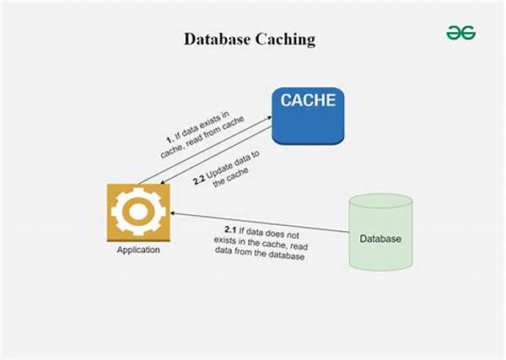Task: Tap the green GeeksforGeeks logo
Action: pos(460,33)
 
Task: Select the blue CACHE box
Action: pos(308,116)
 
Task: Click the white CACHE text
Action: pos(308,101)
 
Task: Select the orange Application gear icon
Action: pos(137,212)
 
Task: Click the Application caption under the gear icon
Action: pos(137,250)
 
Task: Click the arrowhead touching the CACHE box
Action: pos(267,120)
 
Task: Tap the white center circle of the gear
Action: pos(137,212)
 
